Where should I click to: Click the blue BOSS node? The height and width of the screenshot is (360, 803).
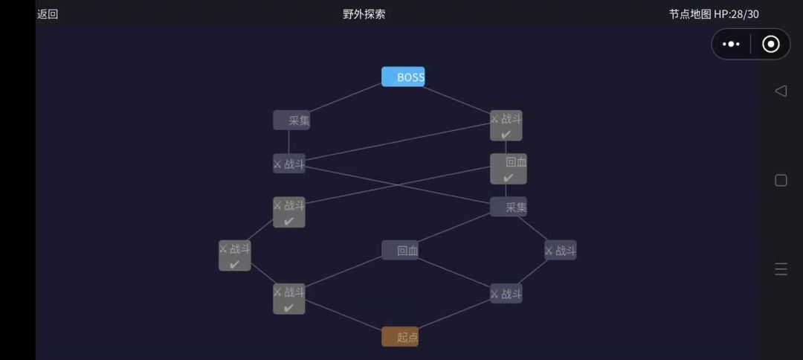[403, 77]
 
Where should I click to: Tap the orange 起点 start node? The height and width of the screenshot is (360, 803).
[400, 336]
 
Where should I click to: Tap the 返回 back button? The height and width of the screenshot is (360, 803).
[48, 14]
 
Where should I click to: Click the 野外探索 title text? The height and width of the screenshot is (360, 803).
[364, 14]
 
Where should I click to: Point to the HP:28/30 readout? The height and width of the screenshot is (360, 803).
[736, 14]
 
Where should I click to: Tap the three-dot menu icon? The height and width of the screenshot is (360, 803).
[731, 44]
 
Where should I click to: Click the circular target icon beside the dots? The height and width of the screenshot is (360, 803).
[771, 44]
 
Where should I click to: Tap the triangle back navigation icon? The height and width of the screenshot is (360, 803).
[781, 91]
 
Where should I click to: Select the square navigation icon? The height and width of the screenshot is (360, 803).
[781, 180]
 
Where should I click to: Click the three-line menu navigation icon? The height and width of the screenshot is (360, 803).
[781, 269]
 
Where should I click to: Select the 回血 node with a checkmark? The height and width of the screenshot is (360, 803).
[508, 169]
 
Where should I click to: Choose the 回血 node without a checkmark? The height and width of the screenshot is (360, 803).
[400, 250]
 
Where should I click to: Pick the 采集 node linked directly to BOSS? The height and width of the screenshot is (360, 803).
[291, 120]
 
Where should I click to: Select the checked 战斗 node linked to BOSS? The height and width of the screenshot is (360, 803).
[506, 126]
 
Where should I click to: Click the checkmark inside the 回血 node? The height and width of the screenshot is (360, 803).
[508, 178]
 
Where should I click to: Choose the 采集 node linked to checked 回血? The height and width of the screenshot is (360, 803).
[508, 206]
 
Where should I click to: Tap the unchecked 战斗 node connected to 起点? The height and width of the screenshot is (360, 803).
[506, 293]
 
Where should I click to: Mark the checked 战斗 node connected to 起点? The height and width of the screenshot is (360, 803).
[288, 298]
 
